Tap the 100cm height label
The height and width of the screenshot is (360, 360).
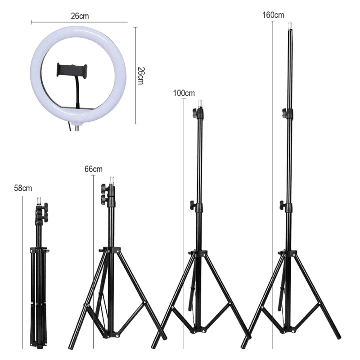[184, 94]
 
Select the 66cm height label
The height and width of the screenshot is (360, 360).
[93, 170]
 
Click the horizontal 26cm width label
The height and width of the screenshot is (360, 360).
[80, 16]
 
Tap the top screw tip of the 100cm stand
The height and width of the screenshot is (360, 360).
[200, 103]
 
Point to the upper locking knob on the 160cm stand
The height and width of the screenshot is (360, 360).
[286, 113]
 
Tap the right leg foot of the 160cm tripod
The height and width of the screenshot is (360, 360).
[338, 336]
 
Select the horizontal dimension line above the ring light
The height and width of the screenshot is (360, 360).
[80, 22]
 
